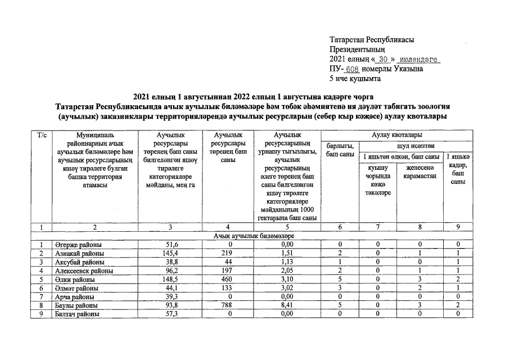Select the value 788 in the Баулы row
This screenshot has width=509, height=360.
pyautogui.click(x=229, y=305)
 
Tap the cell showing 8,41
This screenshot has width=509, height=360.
pyautogui.click(x=287, y=305)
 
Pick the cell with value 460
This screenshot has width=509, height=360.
pyautogui.click(x=229, y=279)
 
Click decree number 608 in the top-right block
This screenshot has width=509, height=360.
pyautogui.click(x=352, y=69)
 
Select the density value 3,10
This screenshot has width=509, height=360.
pyautogui.click(x=287, y=279)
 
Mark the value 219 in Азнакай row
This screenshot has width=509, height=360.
pyautogui.click(x=229, y=253)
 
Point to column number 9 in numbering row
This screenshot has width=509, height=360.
pyautogui.click(x=459, y=227)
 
